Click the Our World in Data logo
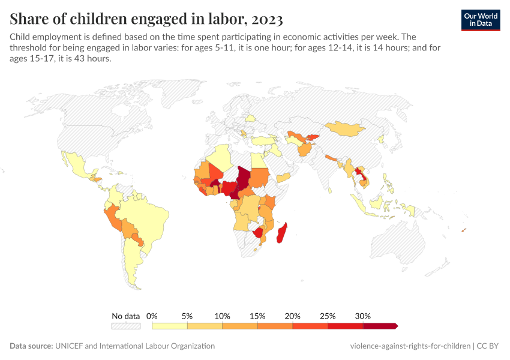pos(480,19)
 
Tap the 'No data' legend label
pos(125,316)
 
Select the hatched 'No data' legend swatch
pos(125,326)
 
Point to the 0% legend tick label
pos(152,316)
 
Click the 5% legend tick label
pos(187,316)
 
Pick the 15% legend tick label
pos(257,316)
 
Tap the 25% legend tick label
pos(328,316)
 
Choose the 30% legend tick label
pos(363,316)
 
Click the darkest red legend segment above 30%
pos(380,326)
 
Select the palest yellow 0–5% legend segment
pos(170,326)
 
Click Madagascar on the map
pos(281,233)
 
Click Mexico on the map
pos(75,161)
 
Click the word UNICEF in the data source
pos(71,346)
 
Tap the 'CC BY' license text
pos(488,346)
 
